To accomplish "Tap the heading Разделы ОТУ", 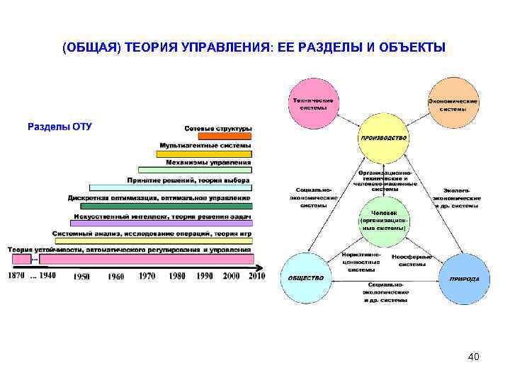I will pyautogui.click(x=59, y=127).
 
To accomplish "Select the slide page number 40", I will pyautogui.click(x=473, y=357).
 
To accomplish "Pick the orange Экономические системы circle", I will pyautogui.click(x=453, y=105).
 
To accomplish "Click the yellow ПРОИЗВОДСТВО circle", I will pyautogui.click(x=383, y=139).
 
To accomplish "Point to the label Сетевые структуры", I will pyautogui.click(x=217, y=129).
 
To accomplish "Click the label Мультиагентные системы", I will pyautogui.click(x=205, y=146).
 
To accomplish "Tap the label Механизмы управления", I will pyautogui.click(x=208, y=163).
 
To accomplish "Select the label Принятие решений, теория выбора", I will pyautogui.click(x=188, y=180).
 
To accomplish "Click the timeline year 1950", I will pyautogui.click(x=81, y=277).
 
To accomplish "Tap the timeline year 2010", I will pyautogui.click(x=256, y=276).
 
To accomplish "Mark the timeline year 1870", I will pyautogui.click(x=16, y=275).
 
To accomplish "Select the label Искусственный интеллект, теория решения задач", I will pyautogui.click(x=162, y=216).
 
